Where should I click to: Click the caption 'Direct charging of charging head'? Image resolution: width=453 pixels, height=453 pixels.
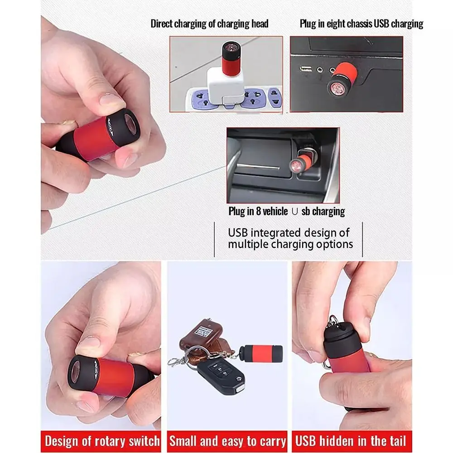point(209,24)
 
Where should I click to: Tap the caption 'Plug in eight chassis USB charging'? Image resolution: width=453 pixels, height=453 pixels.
point(361,24)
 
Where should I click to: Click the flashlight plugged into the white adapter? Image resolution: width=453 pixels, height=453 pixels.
point(231,56)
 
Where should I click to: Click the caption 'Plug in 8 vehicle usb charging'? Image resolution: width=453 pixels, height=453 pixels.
point(286,212)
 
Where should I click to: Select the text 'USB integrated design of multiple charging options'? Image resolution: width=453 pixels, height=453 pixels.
point(290,239)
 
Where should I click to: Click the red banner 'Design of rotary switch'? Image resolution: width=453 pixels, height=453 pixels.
point(102,441)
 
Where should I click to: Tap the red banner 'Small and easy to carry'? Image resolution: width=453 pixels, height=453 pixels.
point(227,441)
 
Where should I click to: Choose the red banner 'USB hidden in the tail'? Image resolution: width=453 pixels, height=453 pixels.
point(350,441)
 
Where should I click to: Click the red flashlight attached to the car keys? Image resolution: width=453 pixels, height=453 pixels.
point(260,352)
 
